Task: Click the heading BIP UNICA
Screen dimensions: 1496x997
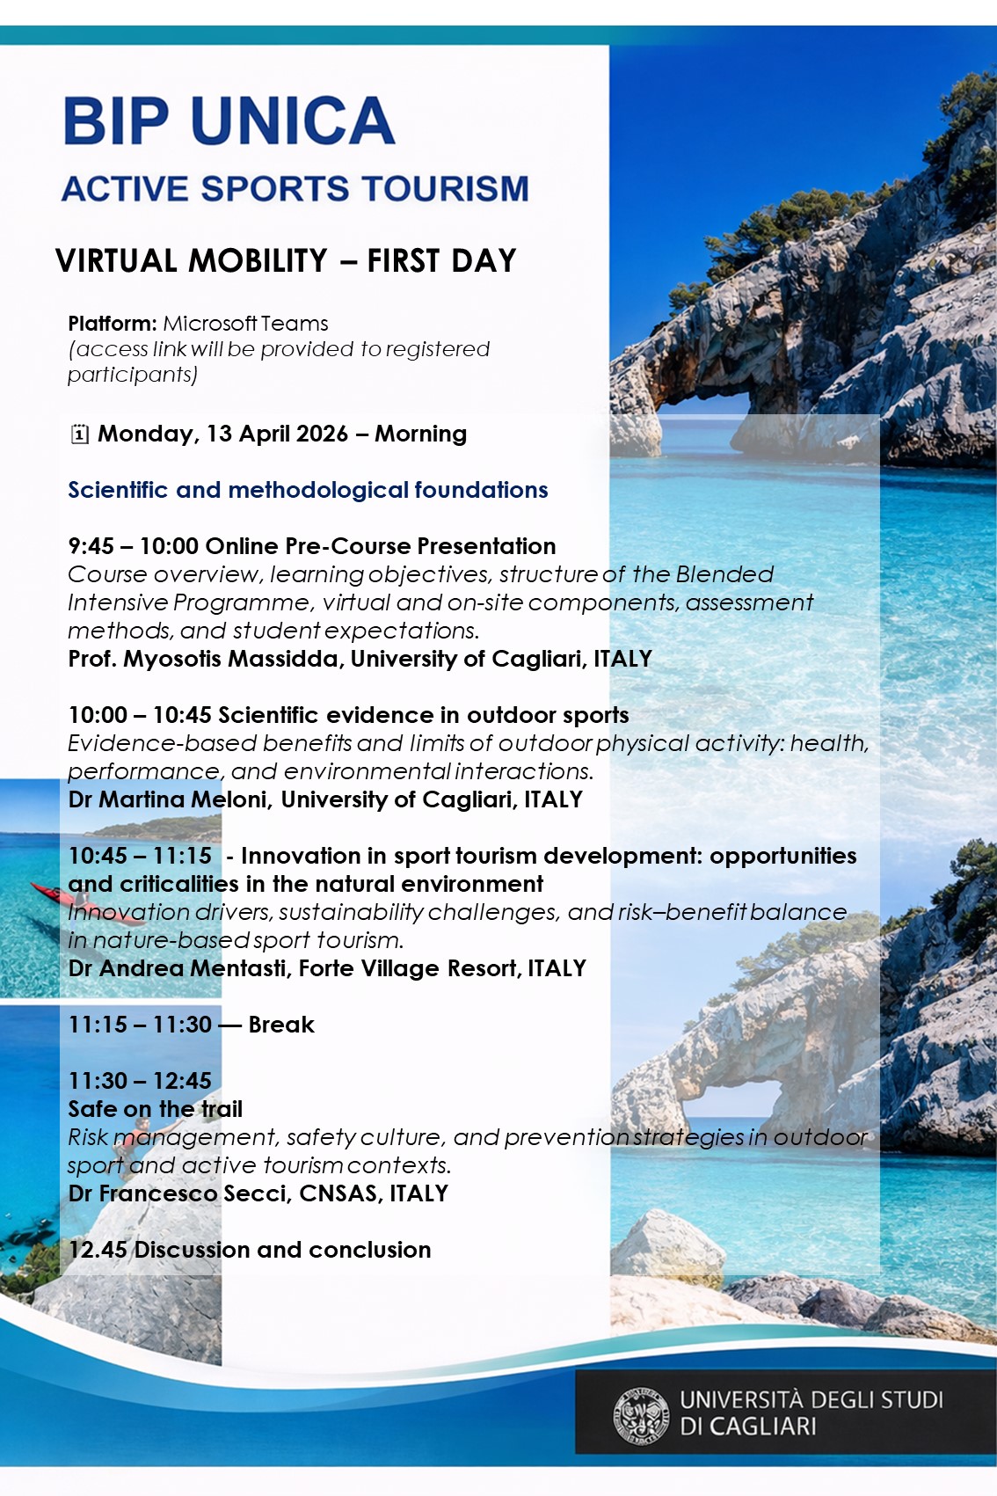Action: pos(229,121)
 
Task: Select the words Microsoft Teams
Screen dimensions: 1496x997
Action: pos(245,324)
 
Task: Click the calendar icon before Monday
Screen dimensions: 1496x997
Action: pos(79,434)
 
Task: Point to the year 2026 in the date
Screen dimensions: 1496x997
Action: pos(322,434)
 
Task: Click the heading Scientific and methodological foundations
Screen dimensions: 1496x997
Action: pos(308,490)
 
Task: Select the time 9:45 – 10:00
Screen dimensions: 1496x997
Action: pos(133,546)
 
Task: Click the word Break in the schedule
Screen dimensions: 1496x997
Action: pos(281,1025)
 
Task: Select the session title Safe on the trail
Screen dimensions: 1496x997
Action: pos(156,1109)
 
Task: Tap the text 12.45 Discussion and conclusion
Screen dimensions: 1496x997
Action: pos(250,1250)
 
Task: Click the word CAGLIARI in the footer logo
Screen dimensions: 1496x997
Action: pos(762,1426)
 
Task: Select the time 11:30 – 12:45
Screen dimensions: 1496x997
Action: pos(140,1081)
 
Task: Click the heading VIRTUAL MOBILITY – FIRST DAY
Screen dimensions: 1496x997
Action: pos(286,261)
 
